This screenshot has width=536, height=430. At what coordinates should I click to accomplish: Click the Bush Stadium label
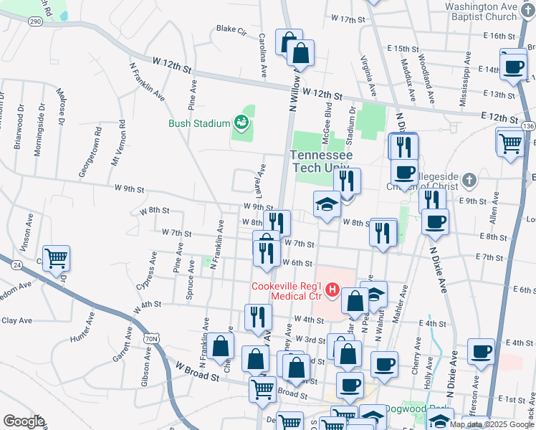[x=198, y=123]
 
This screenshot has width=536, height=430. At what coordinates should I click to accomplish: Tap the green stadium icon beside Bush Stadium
[x=242, y=123]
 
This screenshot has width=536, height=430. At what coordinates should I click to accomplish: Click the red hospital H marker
[x=332, y=290]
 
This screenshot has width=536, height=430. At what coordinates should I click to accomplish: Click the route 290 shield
[x=35, y=22]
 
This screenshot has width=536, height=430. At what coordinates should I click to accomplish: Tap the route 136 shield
[x=528, y=125]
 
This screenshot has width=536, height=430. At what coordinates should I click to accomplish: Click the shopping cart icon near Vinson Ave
[x=56, y=257]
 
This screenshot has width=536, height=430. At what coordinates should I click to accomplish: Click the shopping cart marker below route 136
[x=509, y=141]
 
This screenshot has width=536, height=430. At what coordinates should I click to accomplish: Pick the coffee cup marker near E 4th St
[x=481, y=351]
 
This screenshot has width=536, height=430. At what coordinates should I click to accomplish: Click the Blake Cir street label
[x=231, y=30]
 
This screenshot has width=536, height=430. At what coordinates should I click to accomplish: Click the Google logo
[x=24, y=421]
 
